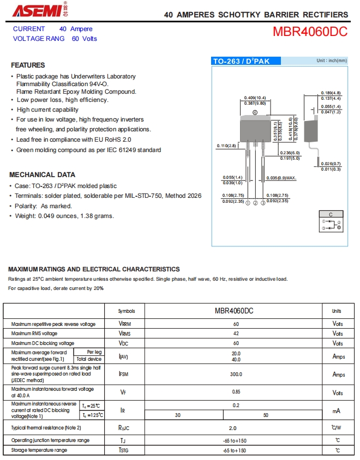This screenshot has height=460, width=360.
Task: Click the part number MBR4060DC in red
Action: point(310,32)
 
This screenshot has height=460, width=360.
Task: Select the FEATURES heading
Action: point(28,65)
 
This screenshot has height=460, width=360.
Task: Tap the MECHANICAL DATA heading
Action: point(43,175)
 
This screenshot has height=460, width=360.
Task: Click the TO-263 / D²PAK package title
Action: point(241,62)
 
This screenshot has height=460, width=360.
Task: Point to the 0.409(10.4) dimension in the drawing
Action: point(255,98)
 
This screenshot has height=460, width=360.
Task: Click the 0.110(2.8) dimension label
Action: point(226,146)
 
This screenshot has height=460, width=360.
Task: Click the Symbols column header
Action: point(127,311)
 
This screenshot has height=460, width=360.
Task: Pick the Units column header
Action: point(337,311)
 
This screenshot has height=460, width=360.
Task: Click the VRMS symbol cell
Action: point(125,334)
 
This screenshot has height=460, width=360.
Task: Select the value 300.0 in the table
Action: point(236,374)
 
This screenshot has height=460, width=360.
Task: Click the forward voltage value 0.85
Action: point(236,392)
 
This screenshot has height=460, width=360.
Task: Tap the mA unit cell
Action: point(337,410)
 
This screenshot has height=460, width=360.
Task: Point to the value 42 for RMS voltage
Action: point(236,334)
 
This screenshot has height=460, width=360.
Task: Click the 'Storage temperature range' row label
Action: point(39,450)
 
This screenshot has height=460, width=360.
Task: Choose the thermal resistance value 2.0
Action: point(233,428)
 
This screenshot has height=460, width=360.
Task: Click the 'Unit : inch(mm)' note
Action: point(331,60)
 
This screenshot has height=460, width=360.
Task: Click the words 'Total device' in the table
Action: point(89,359)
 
